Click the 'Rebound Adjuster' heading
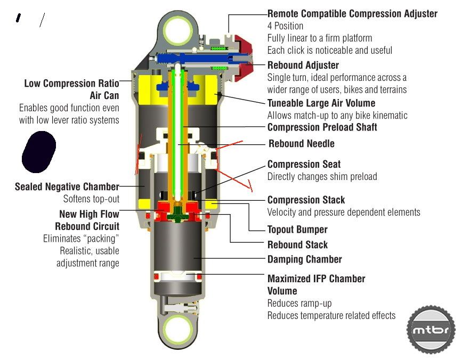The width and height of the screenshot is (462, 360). point(303,65)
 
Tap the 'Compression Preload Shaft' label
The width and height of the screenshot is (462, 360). point(322,127)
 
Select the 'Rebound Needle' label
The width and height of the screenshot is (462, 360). point(302,144)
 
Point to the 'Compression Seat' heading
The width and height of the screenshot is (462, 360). point(304,165)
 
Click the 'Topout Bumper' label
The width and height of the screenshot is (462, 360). point(297,230)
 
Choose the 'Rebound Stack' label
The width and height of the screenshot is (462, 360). point(297,245)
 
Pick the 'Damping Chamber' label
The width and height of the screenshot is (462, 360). point(304,259)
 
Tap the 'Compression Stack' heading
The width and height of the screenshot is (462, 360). point(306,200)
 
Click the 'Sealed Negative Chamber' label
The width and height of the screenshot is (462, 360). point(67,186)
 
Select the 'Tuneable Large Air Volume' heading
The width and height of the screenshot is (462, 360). point(321,103)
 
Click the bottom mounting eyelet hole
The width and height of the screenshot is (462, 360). point(177,332)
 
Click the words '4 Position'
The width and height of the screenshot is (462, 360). point(285,26)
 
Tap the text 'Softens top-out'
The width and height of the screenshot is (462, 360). point(91,199)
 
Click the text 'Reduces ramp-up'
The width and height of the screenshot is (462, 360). point(299,303)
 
